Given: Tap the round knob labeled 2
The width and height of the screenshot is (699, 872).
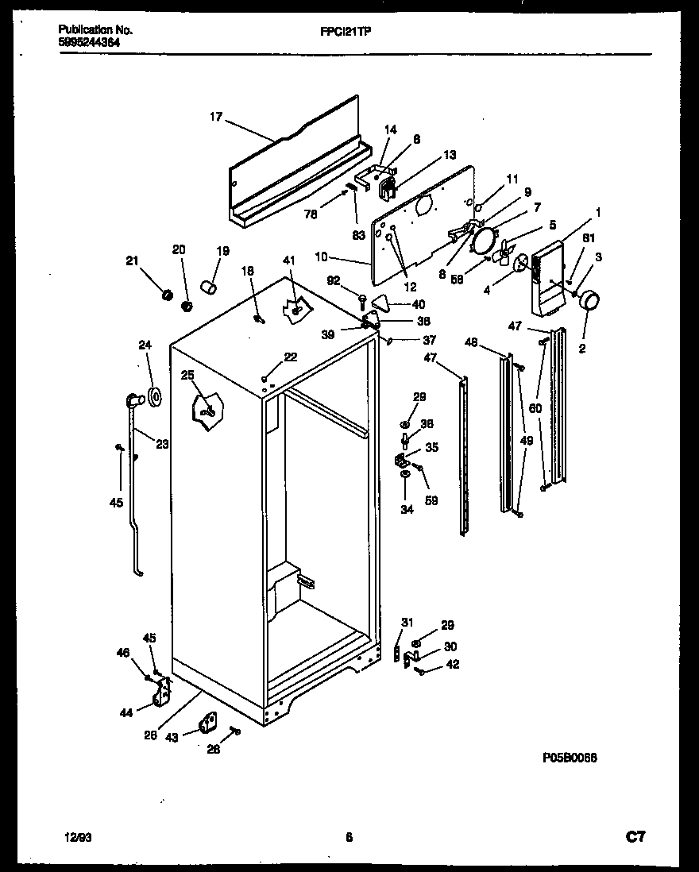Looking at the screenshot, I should (589, 301).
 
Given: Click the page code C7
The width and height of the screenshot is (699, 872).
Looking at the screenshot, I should (635, 836).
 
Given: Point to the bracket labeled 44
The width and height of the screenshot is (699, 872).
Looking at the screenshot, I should (164, 693).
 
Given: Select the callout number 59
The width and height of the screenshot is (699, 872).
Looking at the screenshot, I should (431, 500).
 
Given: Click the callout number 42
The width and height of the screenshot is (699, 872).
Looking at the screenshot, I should (452, 664).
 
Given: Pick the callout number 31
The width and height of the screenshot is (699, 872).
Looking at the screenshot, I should (407, 622).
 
